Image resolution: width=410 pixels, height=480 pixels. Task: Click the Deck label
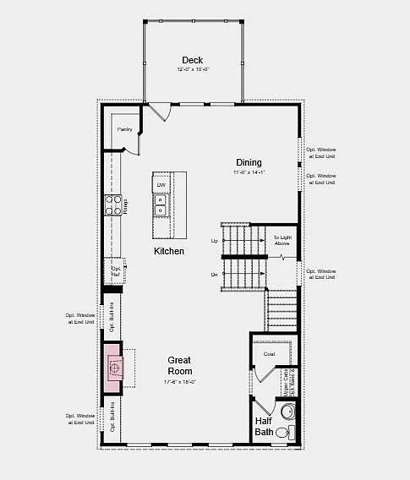click(x=192, y=60)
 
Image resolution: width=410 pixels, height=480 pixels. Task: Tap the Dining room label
click(x=249, y=162)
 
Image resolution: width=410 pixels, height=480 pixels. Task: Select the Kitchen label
click(x=169, y=251)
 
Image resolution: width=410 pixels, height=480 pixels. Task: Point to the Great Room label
click(x=179, y=365)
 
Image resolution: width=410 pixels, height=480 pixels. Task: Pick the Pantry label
click(x=124, y=129)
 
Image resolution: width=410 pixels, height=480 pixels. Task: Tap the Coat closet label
click(x=269, y=354)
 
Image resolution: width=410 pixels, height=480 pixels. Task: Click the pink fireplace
click(x=112, y=367)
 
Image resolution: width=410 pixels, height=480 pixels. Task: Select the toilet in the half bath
click(x=287, y=412)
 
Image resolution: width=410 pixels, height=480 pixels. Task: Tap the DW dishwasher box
click(x=161, y=184)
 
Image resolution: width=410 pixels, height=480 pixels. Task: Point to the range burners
click(x=112, y=205)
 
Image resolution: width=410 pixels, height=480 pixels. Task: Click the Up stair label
click(x=214, y=241)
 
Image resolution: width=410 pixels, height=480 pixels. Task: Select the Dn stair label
click(x=214, y=275)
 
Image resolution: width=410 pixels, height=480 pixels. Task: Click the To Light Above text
click(x=282, y=241)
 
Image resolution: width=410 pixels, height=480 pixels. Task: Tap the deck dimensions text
click(x=192, y=69)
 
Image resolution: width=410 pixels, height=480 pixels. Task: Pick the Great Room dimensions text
click(x=179, y=382)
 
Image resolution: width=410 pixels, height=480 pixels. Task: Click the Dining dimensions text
click(x=249, y=172)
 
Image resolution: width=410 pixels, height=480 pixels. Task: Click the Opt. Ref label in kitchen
click(x=116, y=272)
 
